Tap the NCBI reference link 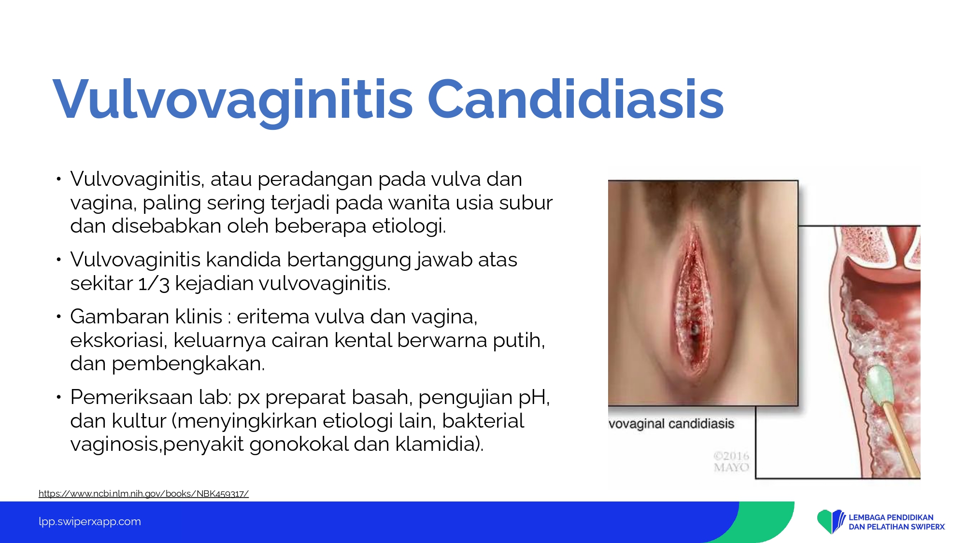(143, 493)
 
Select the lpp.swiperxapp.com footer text (90, 522)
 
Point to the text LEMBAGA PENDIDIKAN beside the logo (891, 517)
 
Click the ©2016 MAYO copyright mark (731, 461)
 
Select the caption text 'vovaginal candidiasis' (671, 424)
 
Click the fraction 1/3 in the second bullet (154, 283)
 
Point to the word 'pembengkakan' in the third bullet (188, 364)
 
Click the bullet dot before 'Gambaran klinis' (58, 317)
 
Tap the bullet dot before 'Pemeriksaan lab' (58, 398)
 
